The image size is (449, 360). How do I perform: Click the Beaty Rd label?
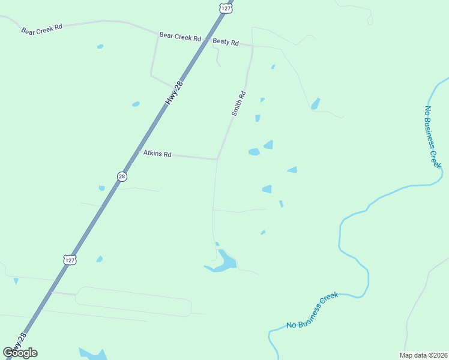click(x=226, y=43)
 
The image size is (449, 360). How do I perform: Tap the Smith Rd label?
click(x=238, y=103)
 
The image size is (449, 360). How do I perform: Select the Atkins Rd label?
click(x=157, y=154)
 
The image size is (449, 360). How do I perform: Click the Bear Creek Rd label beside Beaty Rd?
click(x=179, y=37)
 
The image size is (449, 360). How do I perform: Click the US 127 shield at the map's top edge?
click(x=225, y=8)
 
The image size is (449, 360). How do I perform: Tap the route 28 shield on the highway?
click(x=122, y=176)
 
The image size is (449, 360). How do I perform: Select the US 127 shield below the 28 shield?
click(x=70, y=259)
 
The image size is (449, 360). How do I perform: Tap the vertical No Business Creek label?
click(x=432, y=137)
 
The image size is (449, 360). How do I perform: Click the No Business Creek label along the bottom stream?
click(x=312, y=310)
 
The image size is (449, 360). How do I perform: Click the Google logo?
click(x=20, y=353)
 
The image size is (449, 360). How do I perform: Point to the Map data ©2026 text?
click(x=423, y=355)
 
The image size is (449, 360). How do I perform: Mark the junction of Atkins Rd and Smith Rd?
click(x=217, y=159)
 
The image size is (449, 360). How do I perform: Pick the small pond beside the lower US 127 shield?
click(x=100, y=259)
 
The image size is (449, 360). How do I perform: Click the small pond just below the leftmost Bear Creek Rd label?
click(x=100, y=46)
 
